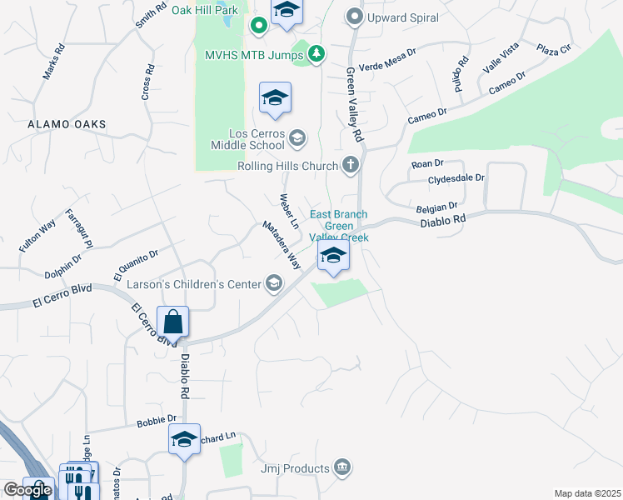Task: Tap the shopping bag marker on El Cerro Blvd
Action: [172, 322]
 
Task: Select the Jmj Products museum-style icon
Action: [341, 467]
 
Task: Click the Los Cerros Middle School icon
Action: [298, 137]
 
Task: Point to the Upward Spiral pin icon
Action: [356, 17]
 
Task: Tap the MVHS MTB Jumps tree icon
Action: [316, 55]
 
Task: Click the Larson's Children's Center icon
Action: [273, 284]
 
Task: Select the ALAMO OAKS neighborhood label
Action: [67, 124]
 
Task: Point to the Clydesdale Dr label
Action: [456, 179]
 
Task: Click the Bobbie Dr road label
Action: [157, 420]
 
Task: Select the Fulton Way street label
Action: [37, 236]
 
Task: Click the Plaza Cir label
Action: [554, 49]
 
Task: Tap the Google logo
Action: [27, 489]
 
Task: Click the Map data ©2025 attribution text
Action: [587, 493]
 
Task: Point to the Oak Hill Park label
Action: [205, 10]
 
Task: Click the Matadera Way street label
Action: [281, 243]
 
